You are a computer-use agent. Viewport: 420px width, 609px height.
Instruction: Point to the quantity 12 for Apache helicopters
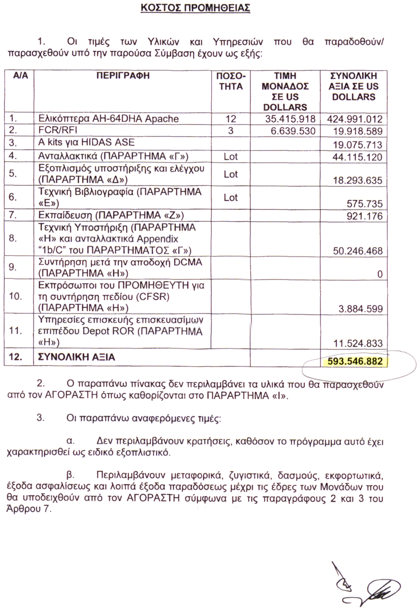pyautogui.click(x=231, y=119)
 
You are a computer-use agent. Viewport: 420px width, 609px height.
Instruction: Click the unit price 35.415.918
pyautogui.click(x=290, y=119)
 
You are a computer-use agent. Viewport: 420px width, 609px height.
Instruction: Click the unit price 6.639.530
pyautogui.click(x=293, y=131)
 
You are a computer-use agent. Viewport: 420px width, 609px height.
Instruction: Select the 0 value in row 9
pyautogui.click(x=380, y=274)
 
